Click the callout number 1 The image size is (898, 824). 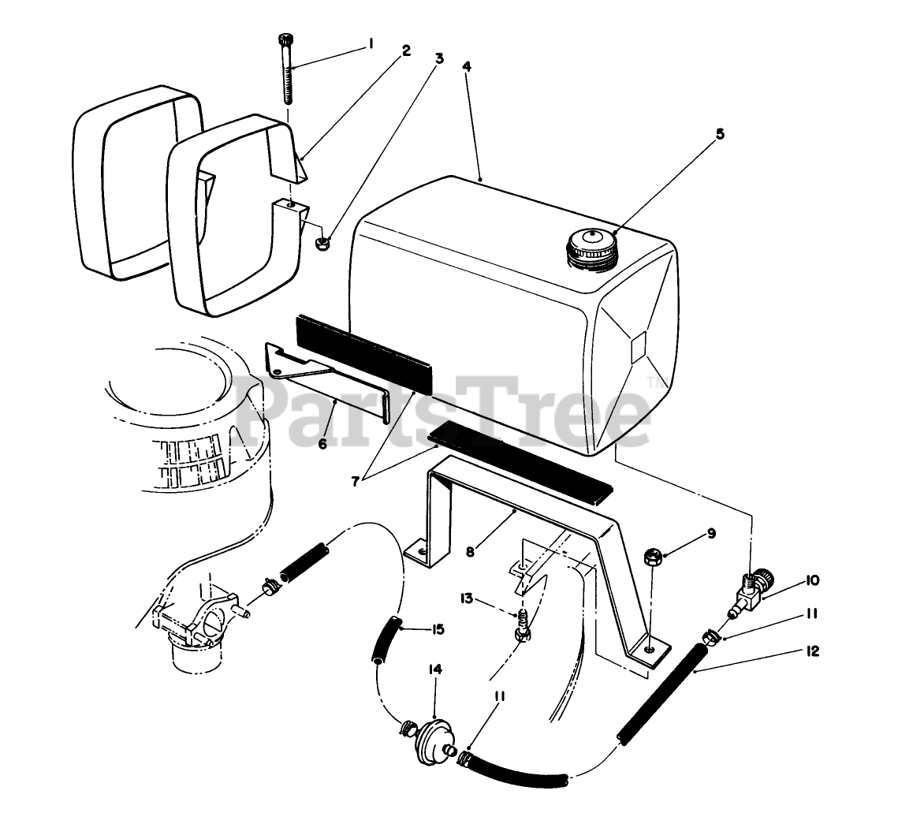coord(370,45)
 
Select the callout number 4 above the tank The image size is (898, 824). coord(466,66)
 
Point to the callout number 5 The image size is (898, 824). coord(719,133)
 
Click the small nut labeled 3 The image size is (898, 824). coord(322,240)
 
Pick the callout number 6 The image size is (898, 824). coord(322,443)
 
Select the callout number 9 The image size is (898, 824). coord(711,534)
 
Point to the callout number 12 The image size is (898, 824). coord(813,651)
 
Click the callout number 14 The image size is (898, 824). coord(434,669)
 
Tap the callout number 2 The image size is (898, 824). coord(406,50)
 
